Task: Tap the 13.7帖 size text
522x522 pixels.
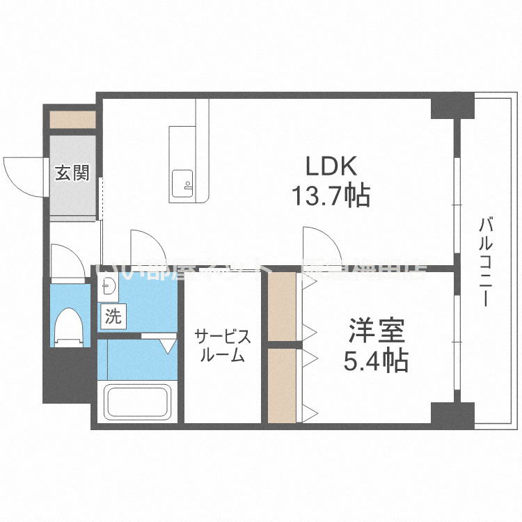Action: (329, 196)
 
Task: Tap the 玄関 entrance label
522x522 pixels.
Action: (72, 172)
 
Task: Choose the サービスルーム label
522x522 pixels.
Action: (222, 346)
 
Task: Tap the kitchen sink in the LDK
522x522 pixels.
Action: (182, 182)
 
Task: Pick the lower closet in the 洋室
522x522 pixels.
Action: (281, 384)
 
